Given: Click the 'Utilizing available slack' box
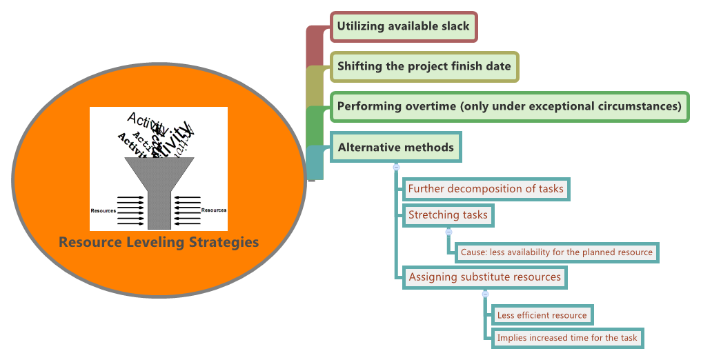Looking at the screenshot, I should [x=403, y=27].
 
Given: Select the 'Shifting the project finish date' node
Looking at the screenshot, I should [x=424, y=67].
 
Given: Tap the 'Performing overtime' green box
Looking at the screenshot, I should [x=509, y=107].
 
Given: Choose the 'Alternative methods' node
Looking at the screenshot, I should [x=395, y=148].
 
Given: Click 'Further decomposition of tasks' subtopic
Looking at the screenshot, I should [x=486, y=189].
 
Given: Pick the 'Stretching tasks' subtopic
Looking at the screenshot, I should [x=448, y=215].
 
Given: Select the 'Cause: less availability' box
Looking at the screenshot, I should [x=556, y=252].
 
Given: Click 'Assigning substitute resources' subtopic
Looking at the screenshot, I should [x=485, y=277].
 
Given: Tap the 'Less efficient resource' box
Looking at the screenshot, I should [x=542, y=315].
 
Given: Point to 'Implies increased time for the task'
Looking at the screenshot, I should [x=567, y=338].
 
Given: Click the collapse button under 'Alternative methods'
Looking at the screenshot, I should [x=396, y=167].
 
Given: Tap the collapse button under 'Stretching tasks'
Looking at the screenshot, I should [x=448, y=232].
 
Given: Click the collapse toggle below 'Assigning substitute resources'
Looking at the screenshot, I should [x=485, y=294].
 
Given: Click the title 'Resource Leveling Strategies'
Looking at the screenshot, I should [x=159, y=242].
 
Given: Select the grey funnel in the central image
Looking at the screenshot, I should [x=159, y=186].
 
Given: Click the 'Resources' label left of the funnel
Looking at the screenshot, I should [x=103, y=210].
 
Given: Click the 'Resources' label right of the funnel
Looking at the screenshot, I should [x=214, y=210].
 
